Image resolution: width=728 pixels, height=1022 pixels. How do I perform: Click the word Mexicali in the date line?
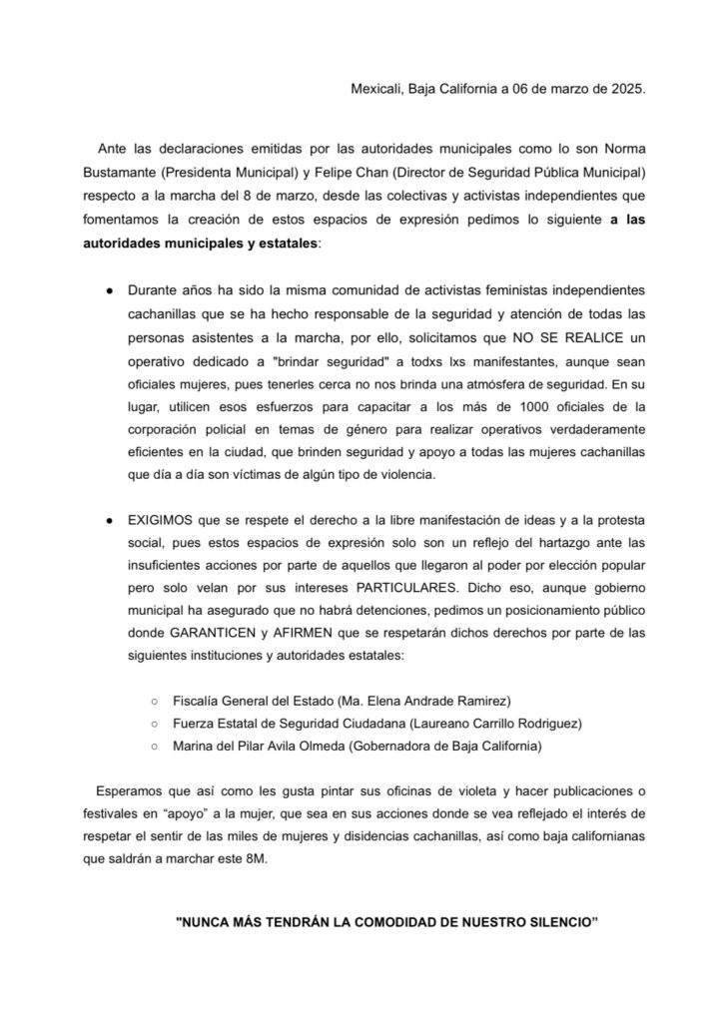[x=376, y=89]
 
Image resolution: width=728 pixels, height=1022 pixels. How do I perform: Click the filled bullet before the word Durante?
[x=108, y=289]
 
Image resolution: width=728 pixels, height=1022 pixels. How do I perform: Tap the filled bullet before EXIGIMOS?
[x=108, y=521]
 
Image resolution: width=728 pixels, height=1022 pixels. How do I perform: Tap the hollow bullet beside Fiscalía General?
[x=154, y=698]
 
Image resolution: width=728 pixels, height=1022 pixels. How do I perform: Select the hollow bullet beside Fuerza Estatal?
[x=154, y=722]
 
